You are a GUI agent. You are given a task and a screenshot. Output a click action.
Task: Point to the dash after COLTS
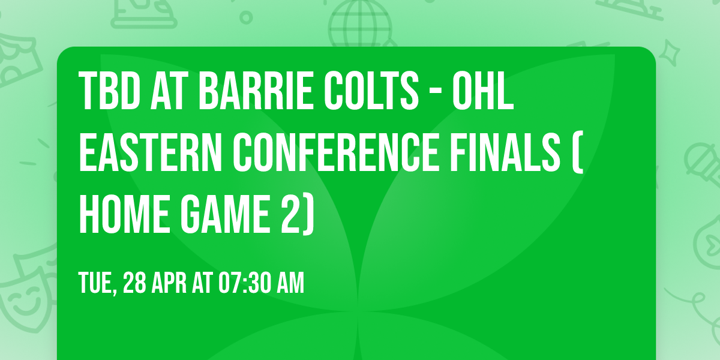pyautogui.click(x=430, y=92)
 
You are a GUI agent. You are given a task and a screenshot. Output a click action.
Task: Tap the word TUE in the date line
pyautogui.click(x=96, y=283)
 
